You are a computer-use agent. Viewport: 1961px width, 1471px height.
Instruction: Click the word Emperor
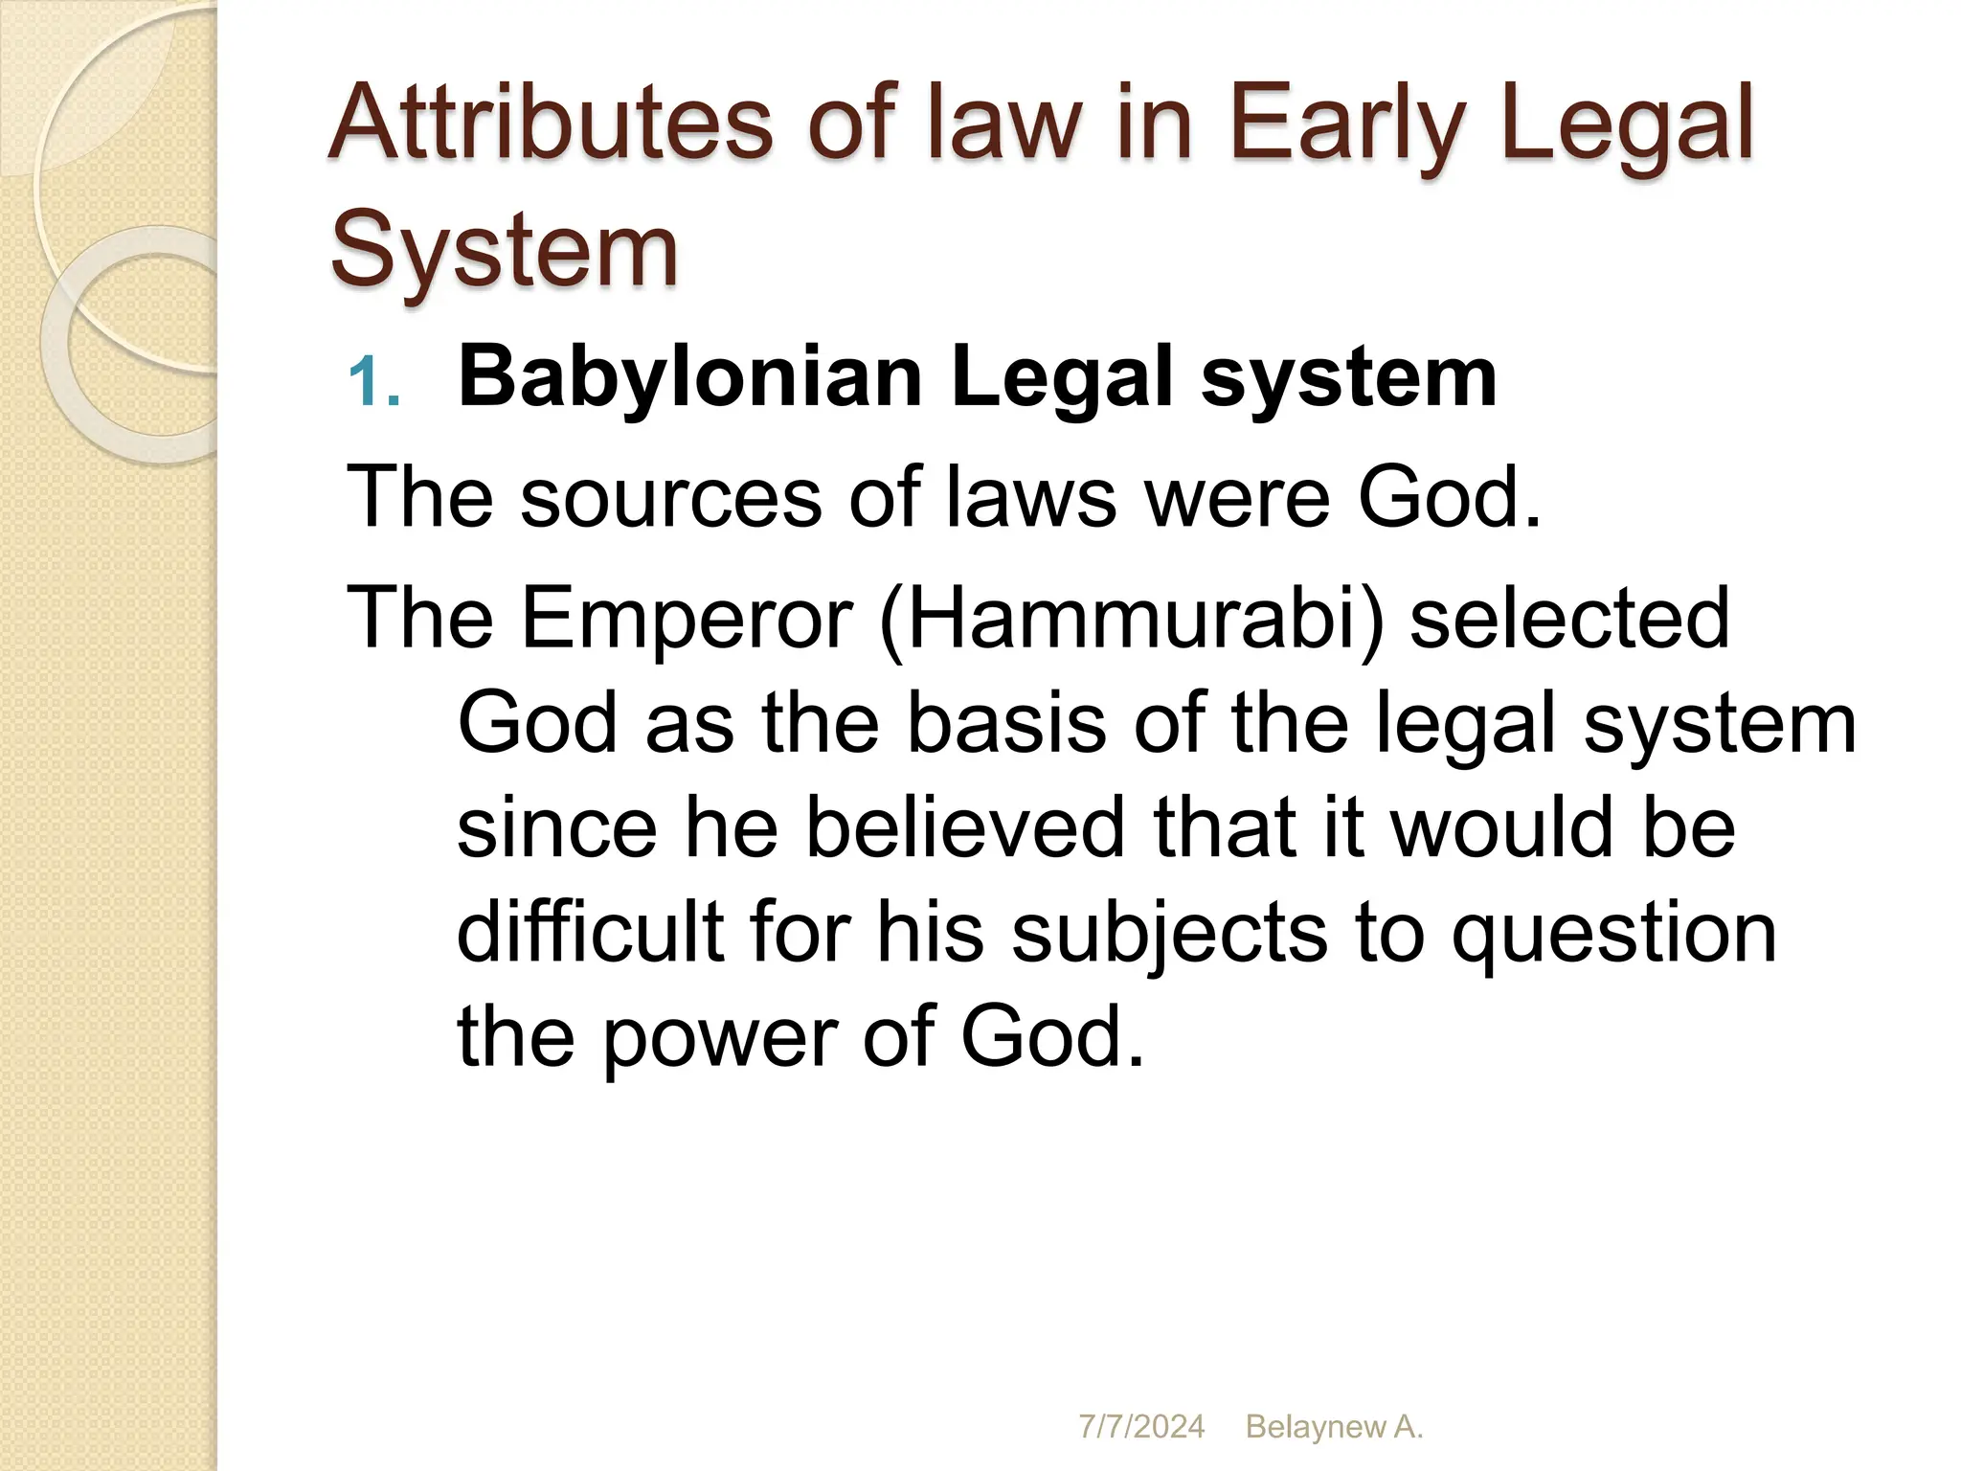pyautogui.click(x=687, y=619)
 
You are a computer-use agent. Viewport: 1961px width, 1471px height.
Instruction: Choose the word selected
pyautogui.click(x=1569, y=619)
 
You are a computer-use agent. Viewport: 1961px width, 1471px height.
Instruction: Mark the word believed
pyautogui.click(x=965, y=828)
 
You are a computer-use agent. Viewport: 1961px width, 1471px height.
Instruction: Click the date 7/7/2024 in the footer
pyautogui.click(x=1141, y=1427)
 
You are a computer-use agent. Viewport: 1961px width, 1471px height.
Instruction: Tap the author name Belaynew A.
pyautogui.click(x=1334, y=1427)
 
